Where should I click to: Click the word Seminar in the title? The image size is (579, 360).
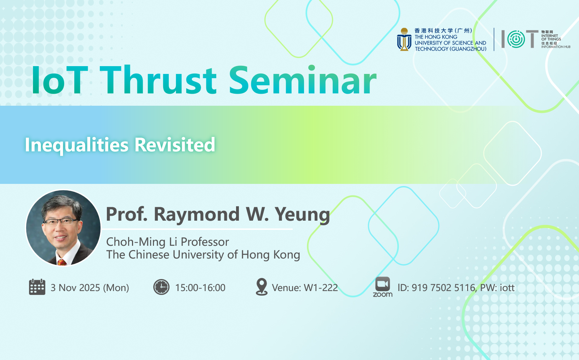click(x=303, y=80)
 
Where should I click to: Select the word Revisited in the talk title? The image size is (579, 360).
click(x=175, y=145)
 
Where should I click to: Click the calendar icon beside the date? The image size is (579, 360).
click(x=37, y=287)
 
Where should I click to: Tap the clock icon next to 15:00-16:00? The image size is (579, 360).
click(x=161, y=287)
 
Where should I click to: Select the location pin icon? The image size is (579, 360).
click(x=262, y=287)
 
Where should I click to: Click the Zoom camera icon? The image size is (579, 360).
click(x=383, y=284)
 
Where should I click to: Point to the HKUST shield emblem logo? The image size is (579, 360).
click(x=404, y=40)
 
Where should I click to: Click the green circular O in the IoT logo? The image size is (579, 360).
click(x=516, y=39)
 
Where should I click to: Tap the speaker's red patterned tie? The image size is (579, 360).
click(x=62, y=262)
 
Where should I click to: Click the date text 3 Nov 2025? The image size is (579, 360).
click(x=75, y=288)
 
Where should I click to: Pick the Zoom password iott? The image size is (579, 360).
click(x=507, y=288)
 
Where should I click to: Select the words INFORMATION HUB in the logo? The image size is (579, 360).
click(x=556, y=47)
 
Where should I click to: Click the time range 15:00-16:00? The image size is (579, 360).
click(x=200, y=288)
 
